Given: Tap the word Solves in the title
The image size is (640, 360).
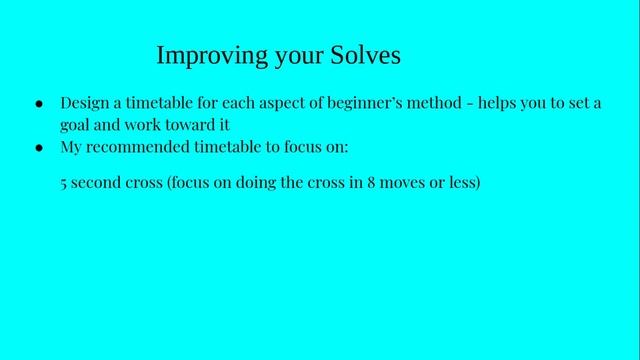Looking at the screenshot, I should pos(364,55).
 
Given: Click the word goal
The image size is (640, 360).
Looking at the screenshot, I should pos(76,125).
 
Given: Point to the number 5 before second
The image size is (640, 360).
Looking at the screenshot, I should pos(64,184).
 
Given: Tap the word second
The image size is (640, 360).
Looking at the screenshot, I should pos(95,184).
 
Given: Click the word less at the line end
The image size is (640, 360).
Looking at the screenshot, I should pos(466,184).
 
